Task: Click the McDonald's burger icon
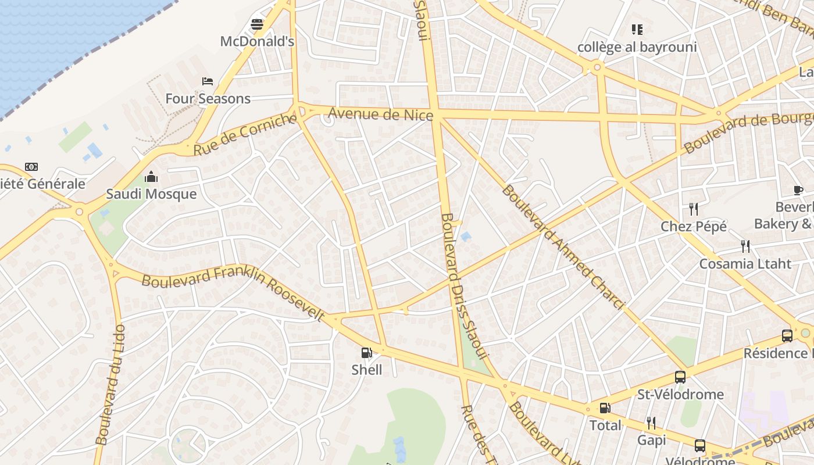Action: click(x=257, y=24)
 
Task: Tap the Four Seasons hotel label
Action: click(x=208, y=99)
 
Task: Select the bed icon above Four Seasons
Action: click(x=208, y=81)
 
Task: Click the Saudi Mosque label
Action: click(x=151, y=194)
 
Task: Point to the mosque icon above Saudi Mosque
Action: click(x=151, y=176)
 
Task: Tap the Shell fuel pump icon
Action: click(x=367, y=352)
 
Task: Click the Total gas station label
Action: click(x=605, y=425)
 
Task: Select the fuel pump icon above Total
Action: click(x=605, y=408)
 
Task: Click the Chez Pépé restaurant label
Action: click(x=694, y=227)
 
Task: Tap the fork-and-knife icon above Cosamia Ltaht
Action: click(x=745, y=246)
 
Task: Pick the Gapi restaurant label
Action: click(x=651, y=441)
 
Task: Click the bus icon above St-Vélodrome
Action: click(x=680, y=377)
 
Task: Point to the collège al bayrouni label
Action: click(x=637, y=47)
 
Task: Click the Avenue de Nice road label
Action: click(x=380, y=115)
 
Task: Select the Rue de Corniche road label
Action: click(x=245, y=134)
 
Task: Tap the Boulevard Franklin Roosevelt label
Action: click(x=233, y=294)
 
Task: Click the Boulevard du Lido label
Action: click(x=110, y=385)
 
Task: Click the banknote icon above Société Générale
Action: click(x=31, y=167)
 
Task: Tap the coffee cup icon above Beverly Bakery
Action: click(x=798, y=190)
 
